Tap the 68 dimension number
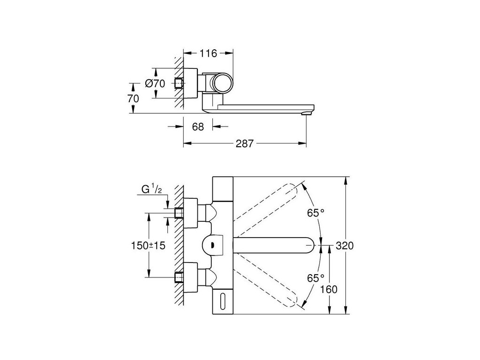pyautogui.click(x=198, y=127)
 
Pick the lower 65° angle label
pyautogui.click(x=315, y=277)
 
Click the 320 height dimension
pyautogui.click(x=344, y=246)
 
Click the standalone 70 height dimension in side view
pyautogui.click(x=133, y=98)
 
